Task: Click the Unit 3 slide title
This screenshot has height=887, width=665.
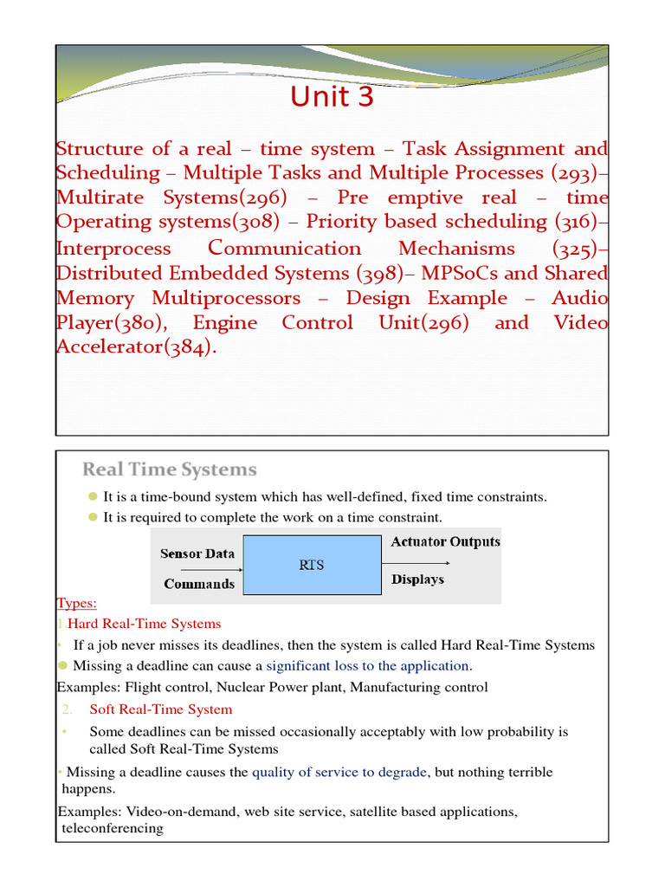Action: pos(332,98)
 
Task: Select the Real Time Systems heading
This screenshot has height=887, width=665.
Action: pos(170,470)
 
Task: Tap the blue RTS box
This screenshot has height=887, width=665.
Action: pos(313,564)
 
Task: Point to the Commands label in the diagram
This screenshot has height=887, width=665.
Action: pos(199,584)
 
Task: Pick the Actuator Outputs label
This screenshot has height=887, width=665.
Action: pos(445,542)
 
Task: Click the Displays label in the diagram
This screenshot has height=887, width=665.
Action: pos(417,579)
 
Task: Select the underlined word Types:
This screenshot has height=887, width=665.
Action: pos(77,603)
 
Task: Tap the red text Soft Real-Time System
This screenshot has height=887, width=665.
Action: pos(161,709)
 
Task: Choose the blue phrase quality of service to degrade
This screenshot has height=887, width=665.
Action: pos(340,772)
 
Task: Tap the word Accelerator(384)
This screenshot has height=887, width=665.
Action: pos(132,348)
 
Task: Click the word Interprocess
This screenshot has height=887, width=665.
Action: pos(113,249)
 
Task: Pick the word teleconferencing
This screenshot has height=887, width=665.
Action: pos(113,828)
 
